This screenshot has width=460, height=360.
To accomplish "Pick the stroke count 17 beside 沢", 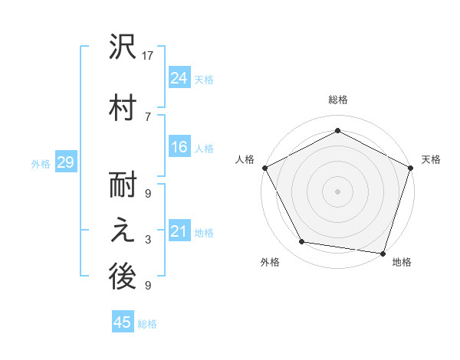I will (149, 56).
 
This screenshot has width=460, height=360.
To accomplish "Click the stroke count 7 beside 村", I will (148, 116).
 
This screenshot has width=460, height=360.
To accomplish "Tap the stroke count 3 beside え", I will (148, 240).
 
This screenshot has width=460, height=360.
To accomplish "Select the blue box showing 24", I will (179, 78).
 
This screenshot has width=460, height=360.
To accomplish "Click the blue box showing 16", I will (179, 148).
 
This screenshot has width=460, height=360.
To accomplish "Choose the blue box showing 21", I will (179, 231).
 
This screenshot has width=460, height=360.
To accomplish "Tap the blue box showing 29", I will (65, 162).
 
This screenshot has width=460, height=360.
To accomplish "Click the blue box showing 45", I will (123, 322).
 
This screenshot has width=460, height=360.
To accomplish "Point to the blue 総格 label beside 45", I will (147, 324).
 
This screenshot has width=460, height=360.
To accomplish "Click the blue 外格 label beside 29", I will (41, 163).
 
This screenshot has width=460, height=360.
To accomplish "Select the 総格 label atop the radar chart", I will (337, 100).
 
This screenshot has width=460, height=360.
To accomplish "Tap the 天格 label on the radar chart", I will (432, 159).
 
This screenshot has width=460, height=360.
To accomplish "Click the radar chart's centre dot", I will (337, 191).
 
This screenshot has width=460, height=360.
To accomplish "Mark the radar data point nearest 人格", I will (265, 168).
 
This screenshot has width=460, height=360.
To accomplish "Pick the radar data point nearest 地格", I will (383, 253).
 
